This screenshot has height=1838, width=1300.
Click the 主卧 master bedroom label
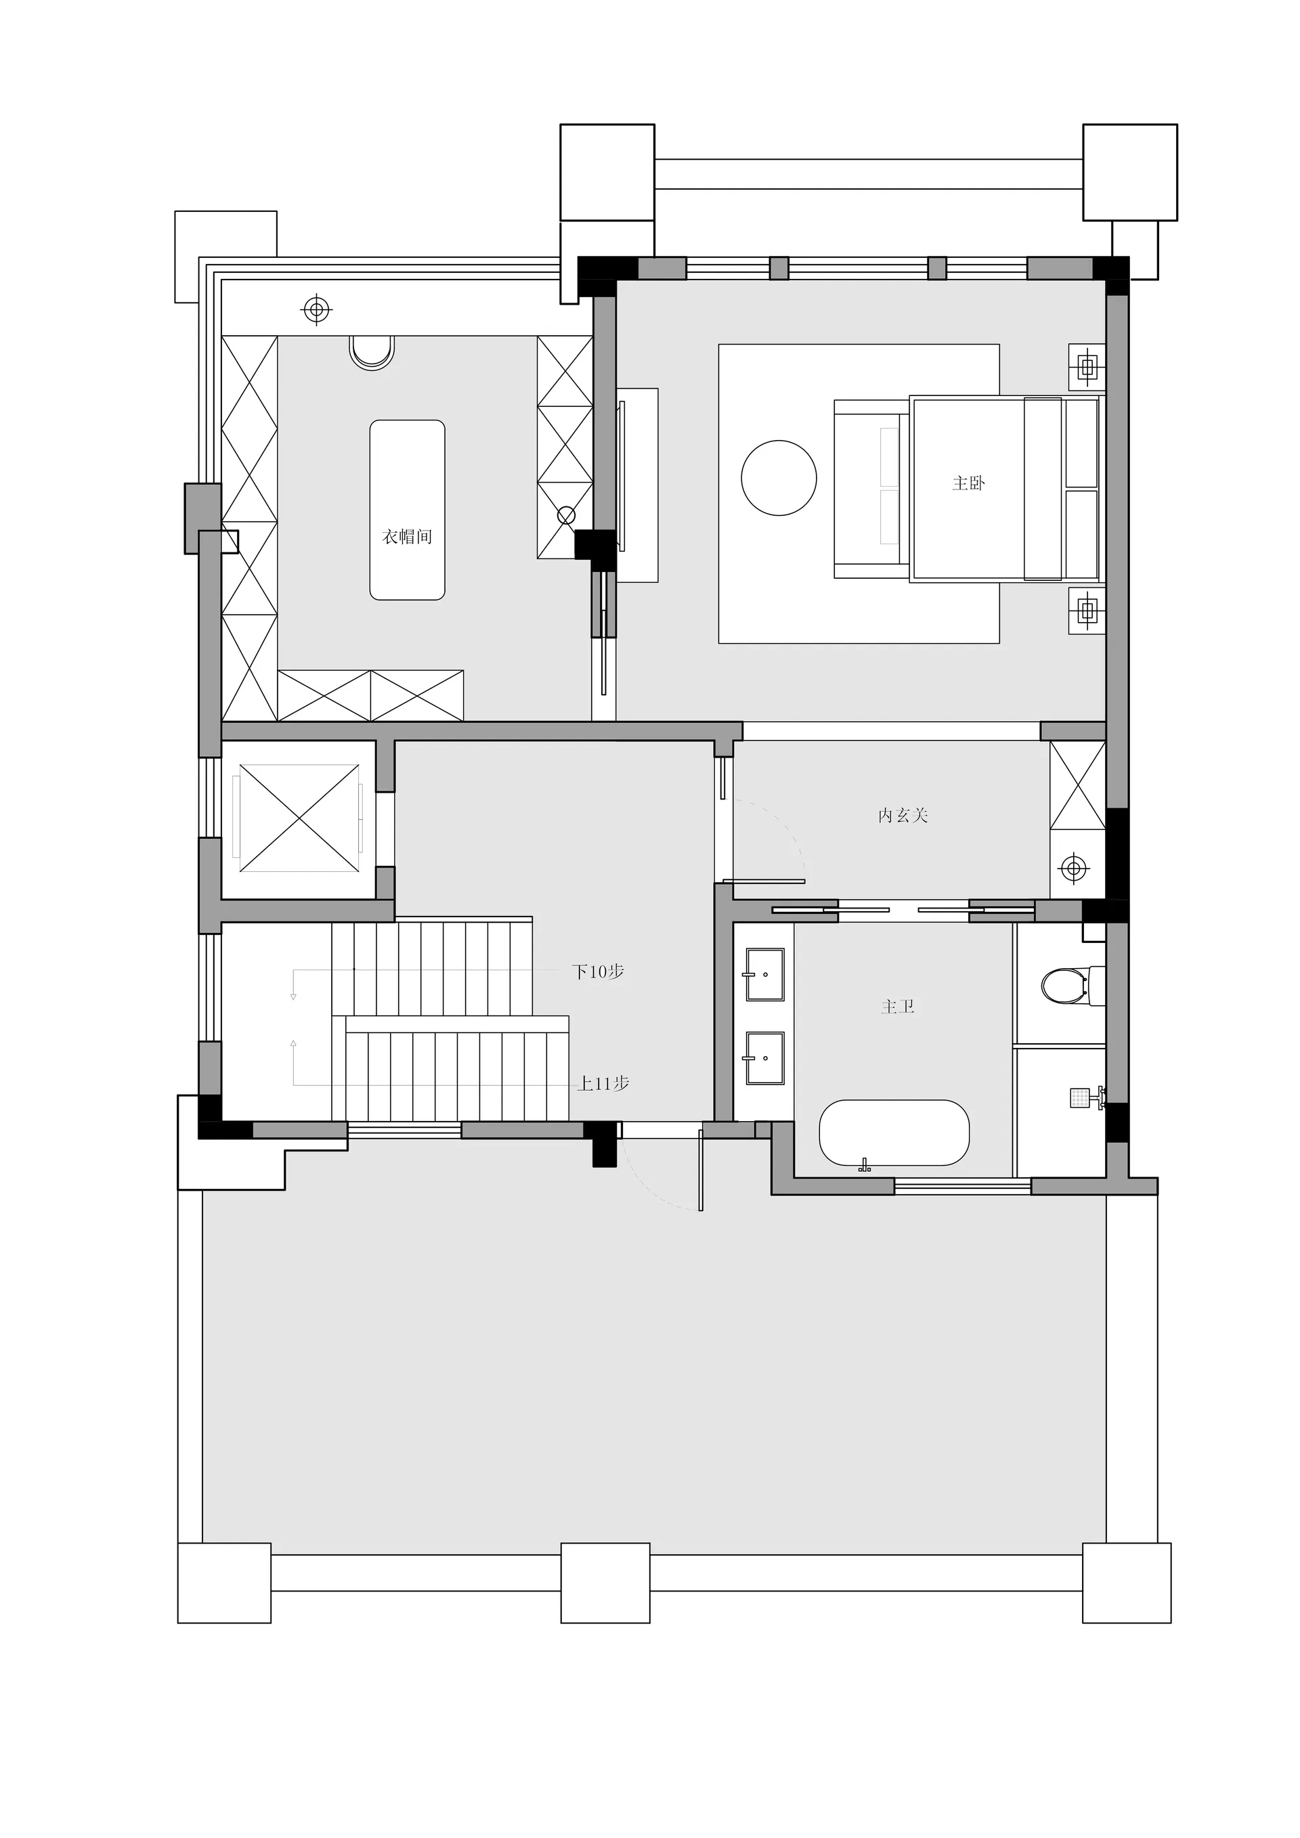969,483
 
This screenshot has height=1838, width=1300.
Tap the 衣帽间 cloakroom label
408,536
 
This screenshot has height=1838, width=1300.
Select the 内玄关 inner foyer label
903,816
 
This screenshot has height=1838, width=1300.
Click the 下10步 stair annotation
598,972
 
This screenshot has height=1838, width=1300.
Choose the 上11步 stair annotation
603,1084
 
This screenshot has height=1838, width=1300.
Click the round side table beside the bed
779,478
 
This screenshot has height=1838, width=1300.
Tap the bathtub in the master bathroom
894,1133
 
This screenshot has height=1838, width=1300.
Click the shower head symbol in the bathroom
1086,1097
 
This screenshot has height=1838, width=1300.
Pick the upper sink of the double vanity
764,975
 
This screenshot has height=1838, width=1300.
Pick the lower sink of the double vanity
764,1057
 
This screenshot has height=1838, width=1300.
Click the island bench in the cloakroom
407,510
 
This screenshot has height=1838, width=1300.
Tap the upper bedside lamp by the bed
1087,368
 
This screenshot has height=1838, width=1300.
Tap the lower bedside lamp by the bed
1087,611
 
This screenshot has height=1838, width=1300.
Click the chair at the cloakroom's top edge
372,352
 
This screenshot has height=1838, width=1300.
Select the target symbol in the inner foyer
1072,867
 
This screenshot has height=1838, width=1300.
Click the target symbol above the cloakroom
317,308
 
